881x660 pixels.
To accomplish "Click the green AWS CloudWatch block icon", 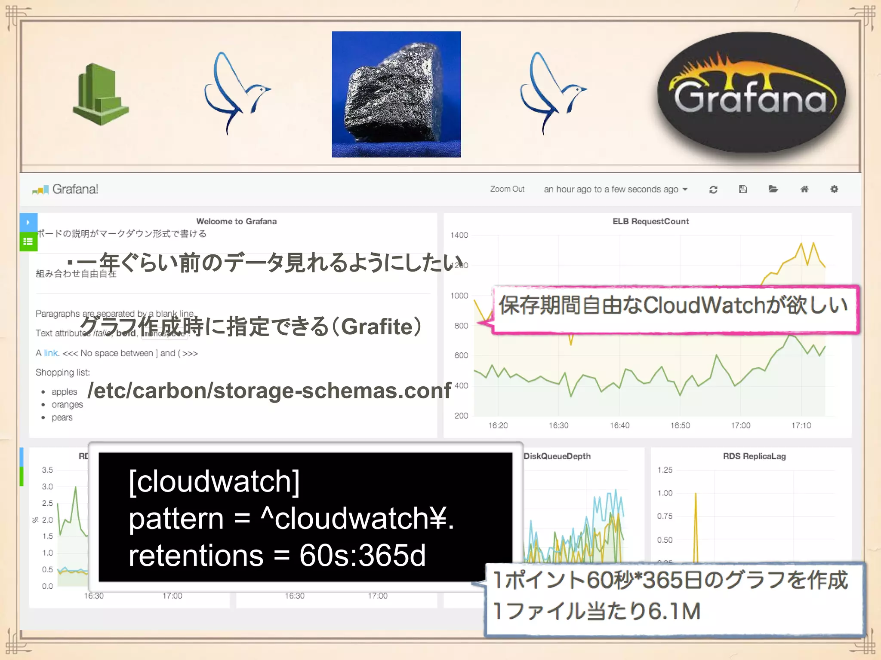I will pyautogui.click(x=101, y=95).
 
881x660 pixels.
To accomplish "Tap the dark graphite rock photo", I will pyautogui.click(x=396, y=94).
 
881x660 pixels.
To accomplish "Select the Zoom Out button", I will pyautogui.click(x=507, y=189).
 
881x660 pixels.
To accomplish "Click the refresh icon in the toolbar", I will pyautogui.click(x=713, y=189).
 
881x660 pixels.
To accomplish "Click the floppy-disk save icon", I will pyautogui.click(x=743, y=189).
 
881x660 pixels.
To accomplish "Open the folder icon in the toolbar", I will pyautogui.click(x=773, y=189).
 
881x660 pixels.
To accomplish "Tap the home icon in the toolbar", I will pyautogui.click(x=804, y=189).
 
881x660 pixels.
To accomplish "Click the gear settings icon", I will pyautogui.click(x=834, y=189).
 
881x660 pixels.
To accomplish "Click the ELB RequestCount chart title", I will pyautogui.click(x=650, y=221).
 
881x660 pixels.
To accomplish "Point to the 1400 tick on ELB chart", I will pyautogui.click(x=459, y=235).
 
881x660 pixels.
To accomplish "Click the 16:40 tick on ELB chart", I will pyautogui.click(x=619, y=425).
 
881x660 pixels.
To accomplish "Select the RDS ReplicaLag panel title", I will pyautogui.click(x=754, y=456).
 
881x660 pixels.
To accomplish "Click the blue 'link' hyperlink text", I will pyautogui.click(x=51, y=353).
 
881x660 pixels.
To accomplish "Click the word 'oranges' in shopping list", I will pyautogui.click(x=67, y=405).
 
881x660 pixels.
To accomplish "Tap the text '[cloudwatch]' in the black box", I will pyautogui.click(x=214, y=481).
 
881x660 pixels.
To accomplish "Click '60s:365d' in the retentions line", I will pyautogui.click(x=362, y=556).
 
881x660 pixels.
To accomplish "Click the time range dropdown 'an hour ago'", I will pyautogui.click(x=615, y=189).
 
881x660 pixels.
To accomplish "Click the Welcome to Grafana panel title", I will pyautogui.click(x=236, y=221).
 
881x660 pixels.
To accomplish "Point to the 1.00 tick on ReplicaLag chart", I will pyautogui.click(x=665, y=493).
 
